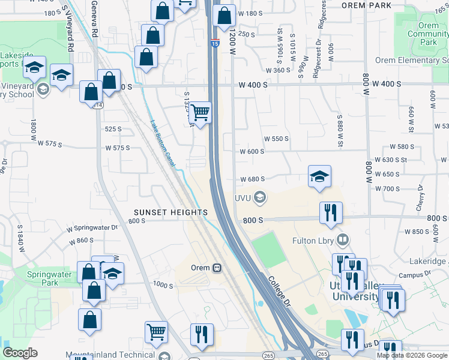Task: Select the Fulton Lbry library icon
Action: coord(343,241)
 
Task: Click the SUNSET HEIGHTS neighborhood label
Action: coord(170,212)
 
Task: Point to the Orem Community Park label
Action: coord(428,34)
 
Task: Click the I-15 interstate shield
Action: coord(215,42)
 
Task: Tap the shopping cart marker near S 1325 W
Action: coord(200,112)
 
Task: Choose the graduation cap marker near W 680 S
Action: coord(319,176)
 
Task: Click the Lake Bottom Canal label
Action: coord(163,144)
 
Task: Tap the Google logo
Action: coord(20,353)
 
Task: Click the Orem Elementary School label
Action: coord(412,61)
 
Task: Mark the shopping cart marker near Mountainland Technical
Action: coord(156,331)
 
